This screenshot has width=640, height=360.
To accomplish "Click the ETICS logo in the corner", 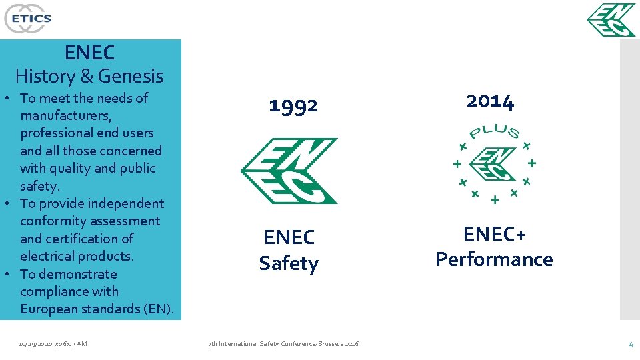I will tap(27, 18).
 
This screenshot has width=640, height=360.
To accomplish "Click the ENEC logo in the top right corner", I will tap(611, 20).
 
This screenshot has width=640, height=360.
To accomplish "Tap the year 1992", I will tap(293, 105).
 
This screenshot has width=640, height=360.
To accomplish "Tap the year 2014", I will tap(490, 101).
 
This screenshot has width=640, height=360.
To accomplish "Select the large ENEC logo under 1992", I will tap(289, 171).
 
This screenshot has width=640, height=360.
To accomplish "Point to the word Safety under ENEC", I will tap(289, 263).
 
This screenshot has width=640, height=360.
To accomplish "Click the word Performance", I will tap(494, 259).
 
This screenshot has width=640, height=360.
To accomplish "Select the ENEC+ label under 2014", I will tap(494, 235).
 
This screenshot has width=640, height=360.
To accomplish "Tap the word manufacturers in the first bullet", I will tap(67, 115).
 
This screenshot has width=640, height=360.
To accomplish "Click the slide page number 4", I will tap(631, 344).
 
